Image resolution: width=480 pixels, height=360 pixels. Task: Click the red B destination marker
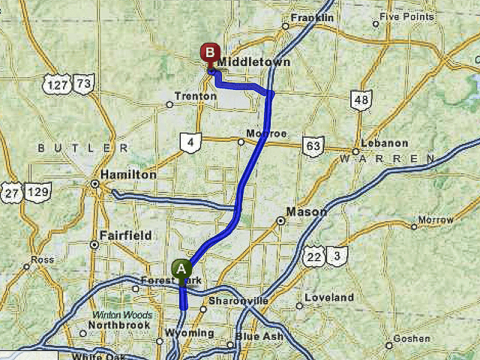click(209, 54)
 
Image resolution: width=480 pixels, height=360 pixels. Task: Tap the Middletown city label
click(254, 62)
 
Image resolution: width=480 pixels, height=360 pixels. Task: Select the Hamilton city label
click(128, 174)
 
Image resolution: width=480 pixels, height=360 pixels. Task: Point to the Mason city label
click(306, 212)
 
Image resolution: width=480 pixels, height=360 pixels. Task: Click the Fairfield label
click(125, 235)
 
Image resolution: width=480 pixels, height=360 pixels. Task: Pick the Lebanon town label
click(384, 143)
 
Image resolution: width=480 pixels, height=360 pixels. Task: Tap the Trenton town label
click(195, 96)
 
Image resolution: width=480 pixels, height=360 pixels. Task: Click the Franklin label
click(312, 17)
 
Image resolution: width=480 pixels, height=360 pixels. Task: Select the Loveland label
click(328, 298)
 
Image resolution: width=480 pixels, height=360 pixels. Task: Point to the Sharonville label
click(238, 301)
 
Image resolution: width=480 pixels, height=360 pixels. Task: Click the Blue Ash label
click(259, 337)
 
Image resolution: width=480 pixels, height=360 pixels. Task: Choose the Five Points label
click(406, 16)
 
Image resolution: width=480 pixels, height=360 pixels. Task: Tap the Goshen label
click(412, 339)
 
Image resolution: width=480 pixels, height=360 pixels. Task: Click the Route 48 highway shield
click(361, 100)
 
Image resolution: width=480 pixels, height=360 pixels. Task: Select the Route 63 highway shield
click(313, 146)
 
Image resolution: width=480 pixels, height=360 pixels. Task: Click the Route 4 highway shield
click(190, 141)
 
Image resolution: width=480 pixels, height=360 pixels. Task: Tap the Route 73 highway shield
click(83, 84)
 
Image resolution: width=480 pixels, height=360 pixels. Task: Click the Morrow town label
click(435, 220)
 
